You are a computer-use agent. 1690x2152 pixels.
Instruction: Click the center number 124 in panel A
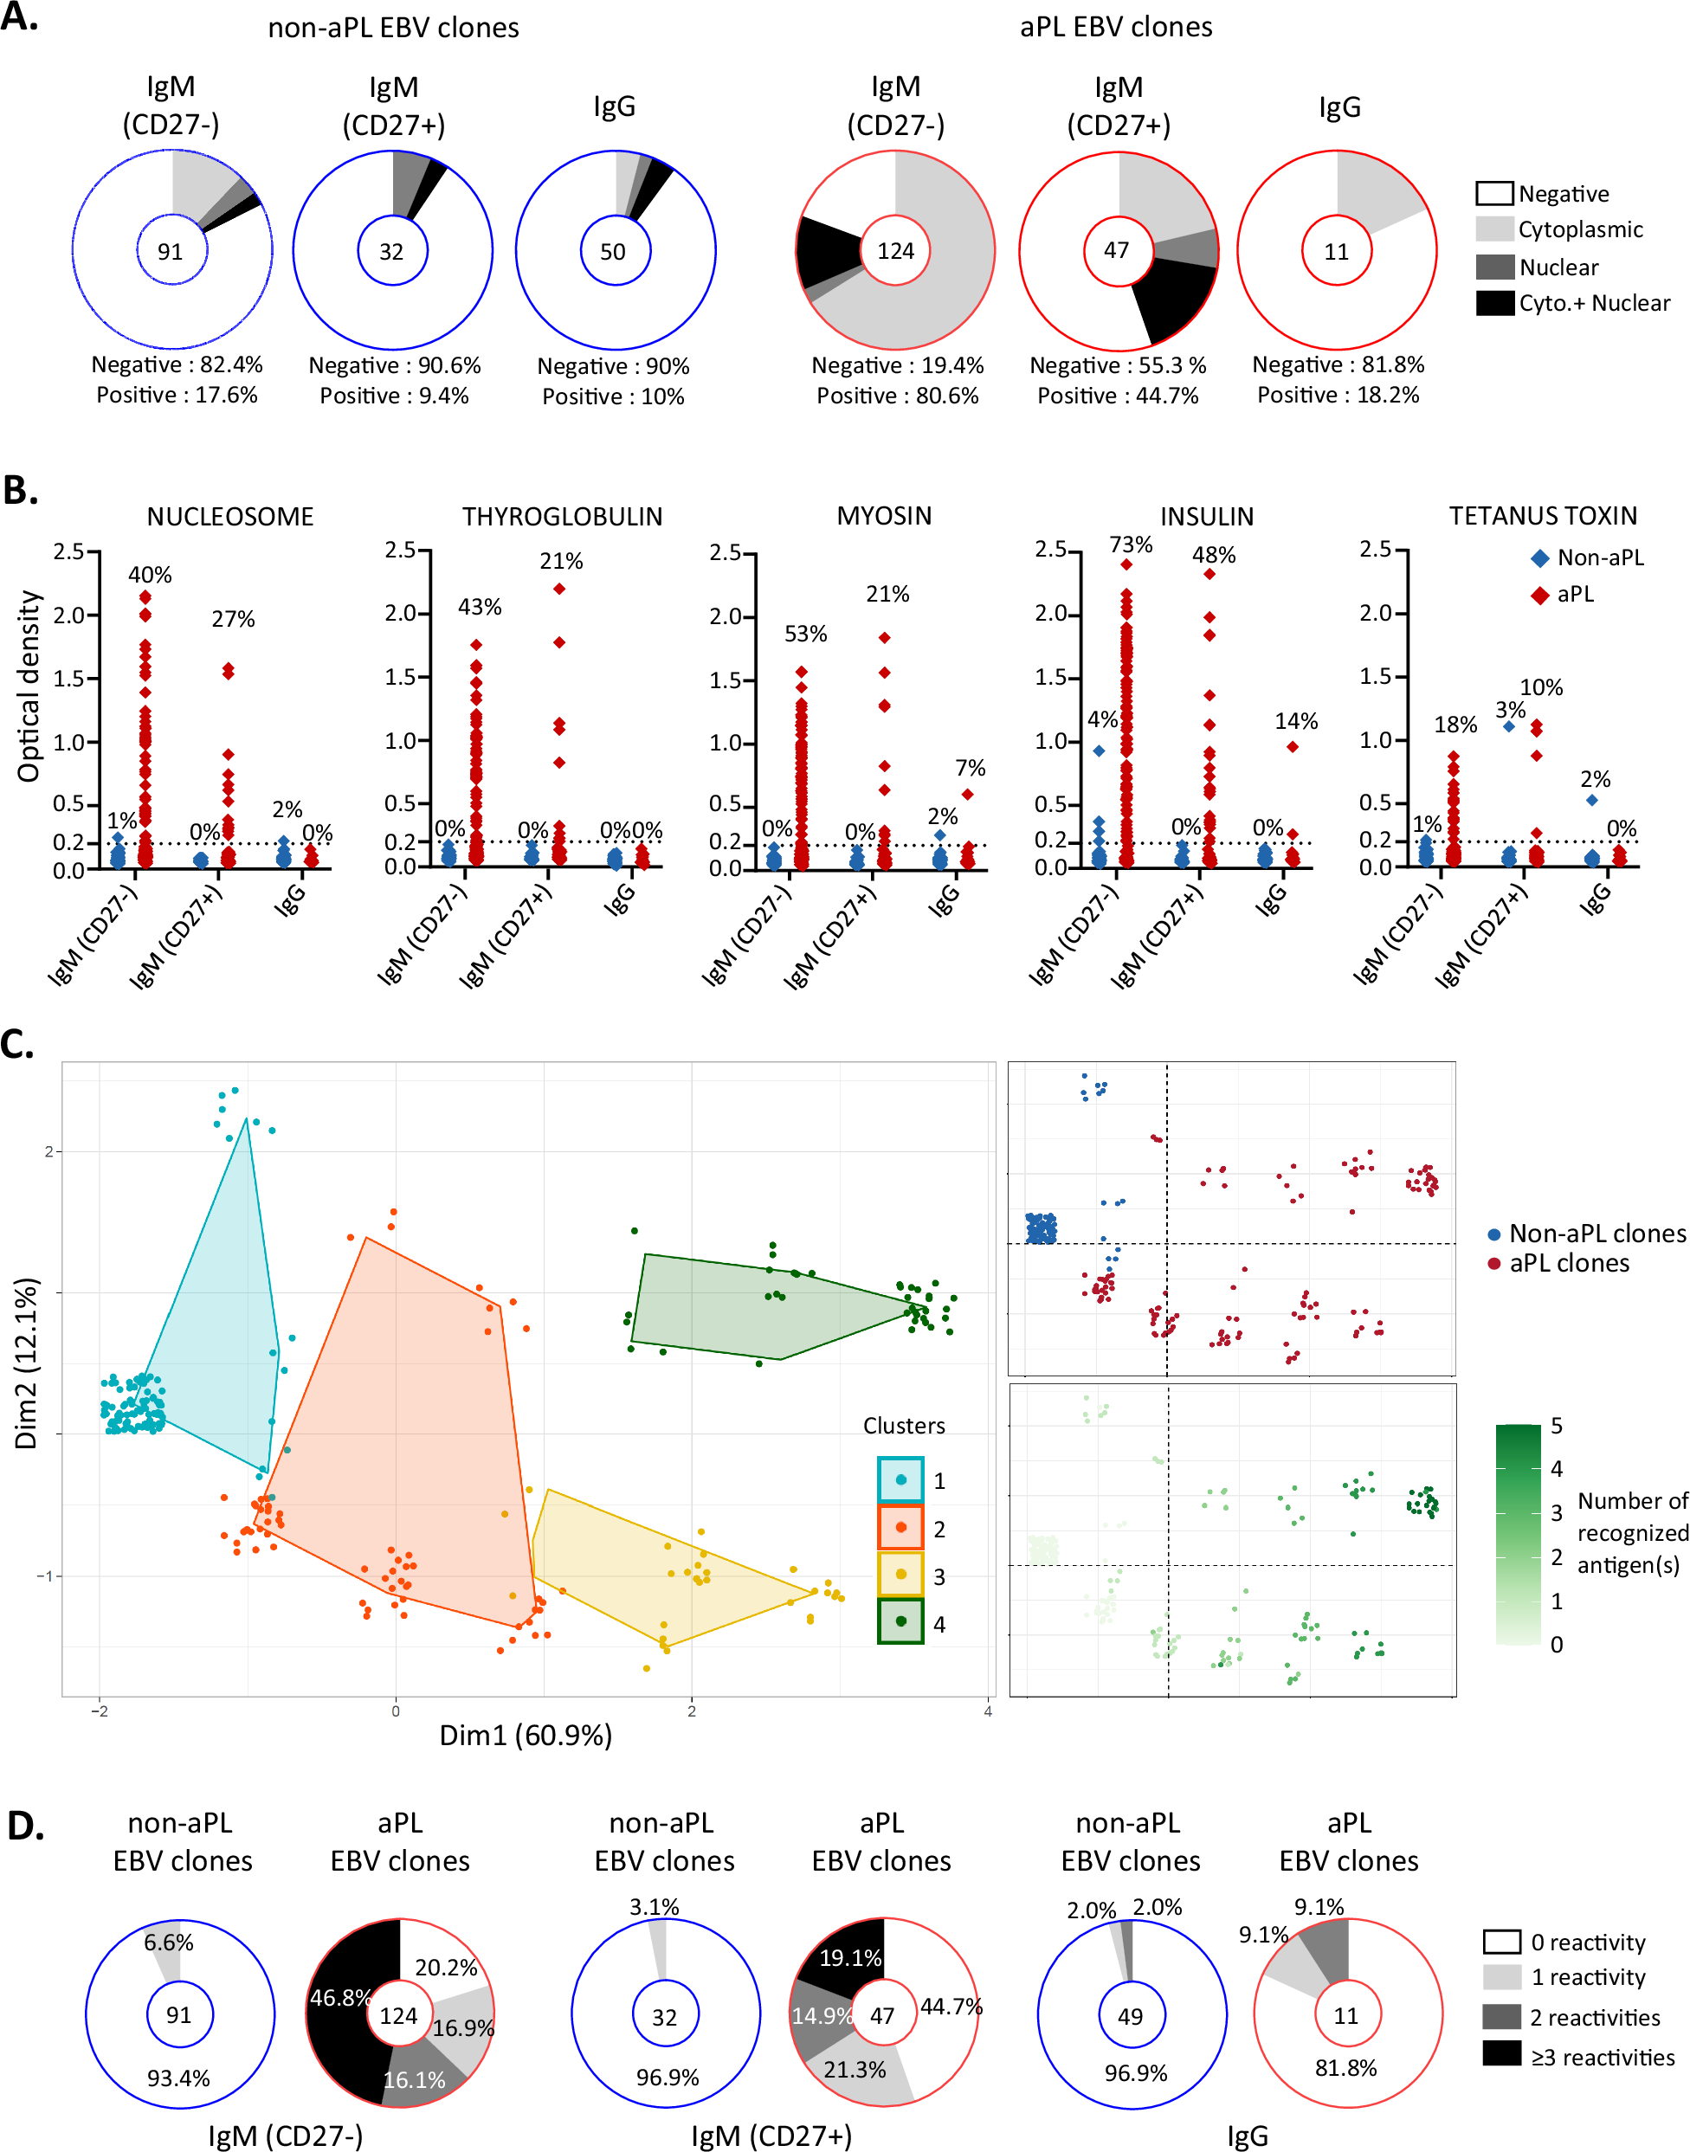[x=895, y=251]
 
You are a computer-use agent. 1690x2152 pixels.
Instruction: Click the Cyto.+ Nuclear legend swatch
[x=1494, y=303]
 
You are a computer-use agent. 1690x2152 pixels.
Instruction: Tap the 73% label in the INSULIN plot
[x=1131, y=545]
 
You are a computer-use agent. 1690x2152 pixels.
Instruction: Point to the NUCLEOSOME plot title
[x=229, y=517]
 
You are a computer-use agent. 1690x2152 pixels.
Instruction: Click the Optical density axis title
[x=29, y=686]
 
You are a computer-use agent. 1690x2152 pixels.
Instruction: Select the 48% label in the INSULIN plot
[x=1213, y=555]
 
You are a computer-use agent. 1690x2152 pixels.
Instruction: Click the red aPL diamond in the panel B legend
[x=1538, y=595]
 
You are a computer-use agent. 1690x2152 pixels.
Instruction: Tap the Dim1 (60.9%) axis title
[x=526, y=1736]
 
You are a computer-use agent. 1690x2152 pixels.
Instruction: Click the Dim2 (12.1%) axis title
[x=27, y=1363]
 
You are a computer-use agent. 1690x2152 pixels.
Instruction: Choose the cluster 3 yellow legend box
[x=900, y=1574]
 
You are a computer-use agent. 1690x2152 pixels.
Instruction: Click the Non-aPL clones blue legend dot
[x=1494, y=1234]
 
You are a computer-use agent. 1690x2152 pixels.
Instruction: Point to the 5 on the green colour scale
[x=1557, y=1426]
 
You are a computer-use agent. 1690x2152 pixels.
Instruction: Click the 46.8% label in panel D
[x=339, y=1998]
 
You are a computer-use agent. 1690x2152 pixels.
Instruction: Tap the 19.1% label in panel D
[x=850, y=1958]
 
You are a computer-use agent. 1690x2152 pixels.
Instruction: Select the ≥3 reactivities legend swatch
[x=1501, y=2054]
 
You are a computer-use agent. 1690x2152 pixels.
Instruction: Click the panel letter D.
[x=26, y=1827]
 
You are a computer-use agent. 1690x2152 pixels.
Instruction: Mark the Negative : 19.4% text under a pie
[x=898, y=365]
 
